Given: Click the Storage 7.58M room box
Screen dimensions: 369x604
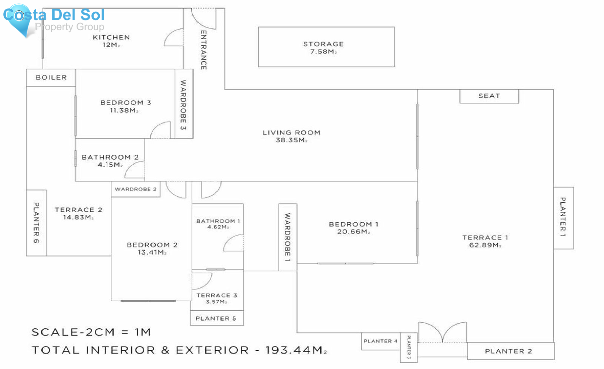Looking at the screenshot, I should [x=326, y=47].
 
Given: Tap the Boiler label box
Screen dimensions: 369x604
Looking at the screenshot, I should [x=51, y=77].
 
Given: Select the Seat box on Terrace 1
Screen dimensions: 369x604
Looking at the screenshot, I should [x=489, y=96].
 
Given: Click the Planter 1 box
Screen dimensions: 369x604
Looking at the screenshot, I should [x=563, y=218].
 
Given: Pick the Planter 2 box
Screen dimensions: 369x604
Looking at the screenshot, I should [x=510, y=351].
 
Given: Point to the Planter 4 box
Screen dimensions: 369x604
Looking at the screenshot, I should [x=381, y=341].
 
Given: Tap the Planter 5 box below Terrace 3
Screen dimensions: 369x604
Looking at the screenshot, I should [x=216, y=318].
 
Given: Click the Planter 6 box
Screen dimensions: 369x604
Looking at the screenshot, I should [x=36, y=223].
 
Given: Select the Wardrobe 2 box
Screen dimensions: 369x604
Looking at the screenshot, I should [x=136, y=189].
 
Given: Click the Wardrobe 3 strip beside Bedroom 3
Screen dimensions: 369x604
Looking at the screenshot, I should [x=184, y=104].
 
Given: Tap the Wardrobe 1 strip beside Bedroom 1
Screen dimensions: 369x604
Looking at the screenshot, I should [x=288, y=237].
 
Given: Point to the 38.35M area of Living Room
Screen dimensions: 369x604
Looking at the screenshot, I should [x=291, y=140].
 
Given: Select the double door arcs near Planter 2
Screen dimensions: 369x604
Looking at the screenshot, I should [x=442, y=332].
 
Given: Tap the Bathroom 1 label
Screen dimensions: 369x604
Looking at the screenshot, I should [x=218, y=221].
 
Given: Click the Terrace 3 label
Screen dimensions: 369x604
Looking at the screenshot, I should [x=217, y=295].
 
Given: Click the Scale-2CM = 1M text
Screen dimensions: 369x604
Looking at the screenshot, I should [x=91, y=332].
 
